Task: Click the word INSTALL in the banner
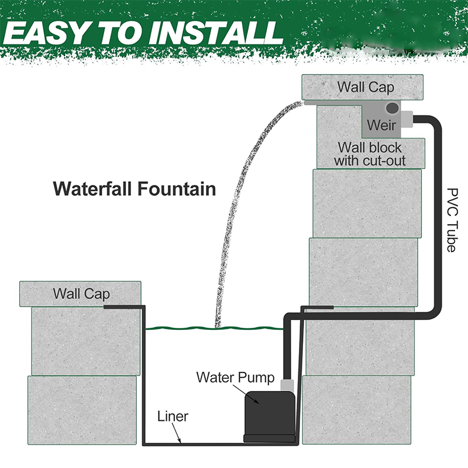(216, 33)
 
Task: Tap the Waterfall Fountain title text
(135, 189)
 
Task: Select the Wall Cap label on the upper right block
(366, 87)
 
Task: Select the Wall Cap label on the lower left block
(81, 294)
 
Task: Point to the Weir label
(381, 125)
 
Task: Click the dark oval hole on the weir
(392, 108)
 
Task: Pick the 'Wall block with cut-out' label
(370, 154)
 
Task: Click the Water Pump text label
(236, 377)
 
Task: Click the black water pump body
(270, 417)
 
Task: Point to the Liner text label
(173, 417)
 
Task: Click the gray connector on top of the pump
(287, 386)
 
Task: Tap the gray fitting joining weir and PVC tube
(407, 119)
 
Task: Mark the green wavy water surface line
(214, 328)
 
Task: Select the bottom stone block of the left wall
(82, 410)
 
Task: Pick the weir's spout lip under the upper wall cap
(333, 103)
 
